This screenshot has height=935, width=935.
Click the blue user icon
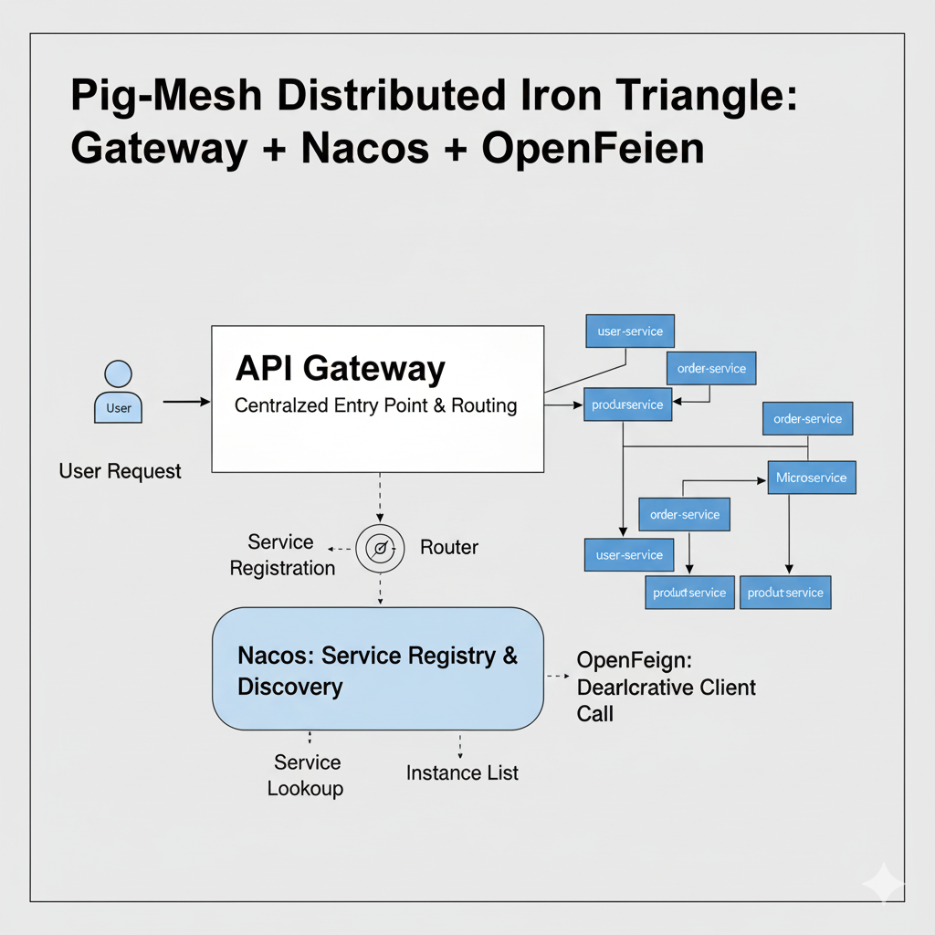[119, 392]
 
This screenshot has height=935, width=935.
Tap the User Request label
[120, 471]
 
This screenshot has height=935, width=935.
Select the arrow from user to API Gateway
[186, 402]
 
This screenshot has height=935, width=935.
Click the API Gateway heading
[340, 369]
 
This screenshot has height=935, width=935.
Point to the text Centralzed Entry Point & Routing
[375, 405]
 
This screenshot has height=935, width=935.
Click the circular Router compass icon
[379, 548]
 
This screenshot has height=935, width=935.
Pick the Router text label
[448, 548]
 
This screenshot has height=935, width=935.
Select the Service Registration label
[282, 555]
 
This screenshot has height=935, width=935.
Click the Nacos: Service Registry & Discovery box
[377, 670]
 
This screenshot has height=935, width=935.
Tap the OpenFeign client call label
[666, 687]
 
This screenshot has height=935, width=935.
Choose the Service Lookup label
[306, 775]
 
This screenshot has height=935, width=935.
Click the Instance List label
[462, 772]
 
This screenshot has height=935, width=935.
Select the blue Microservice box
[811, 478]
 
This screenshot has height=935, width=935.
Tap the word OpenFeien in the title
[593, 148]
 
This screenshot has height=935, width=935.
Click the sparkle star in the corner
[883, 883]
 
